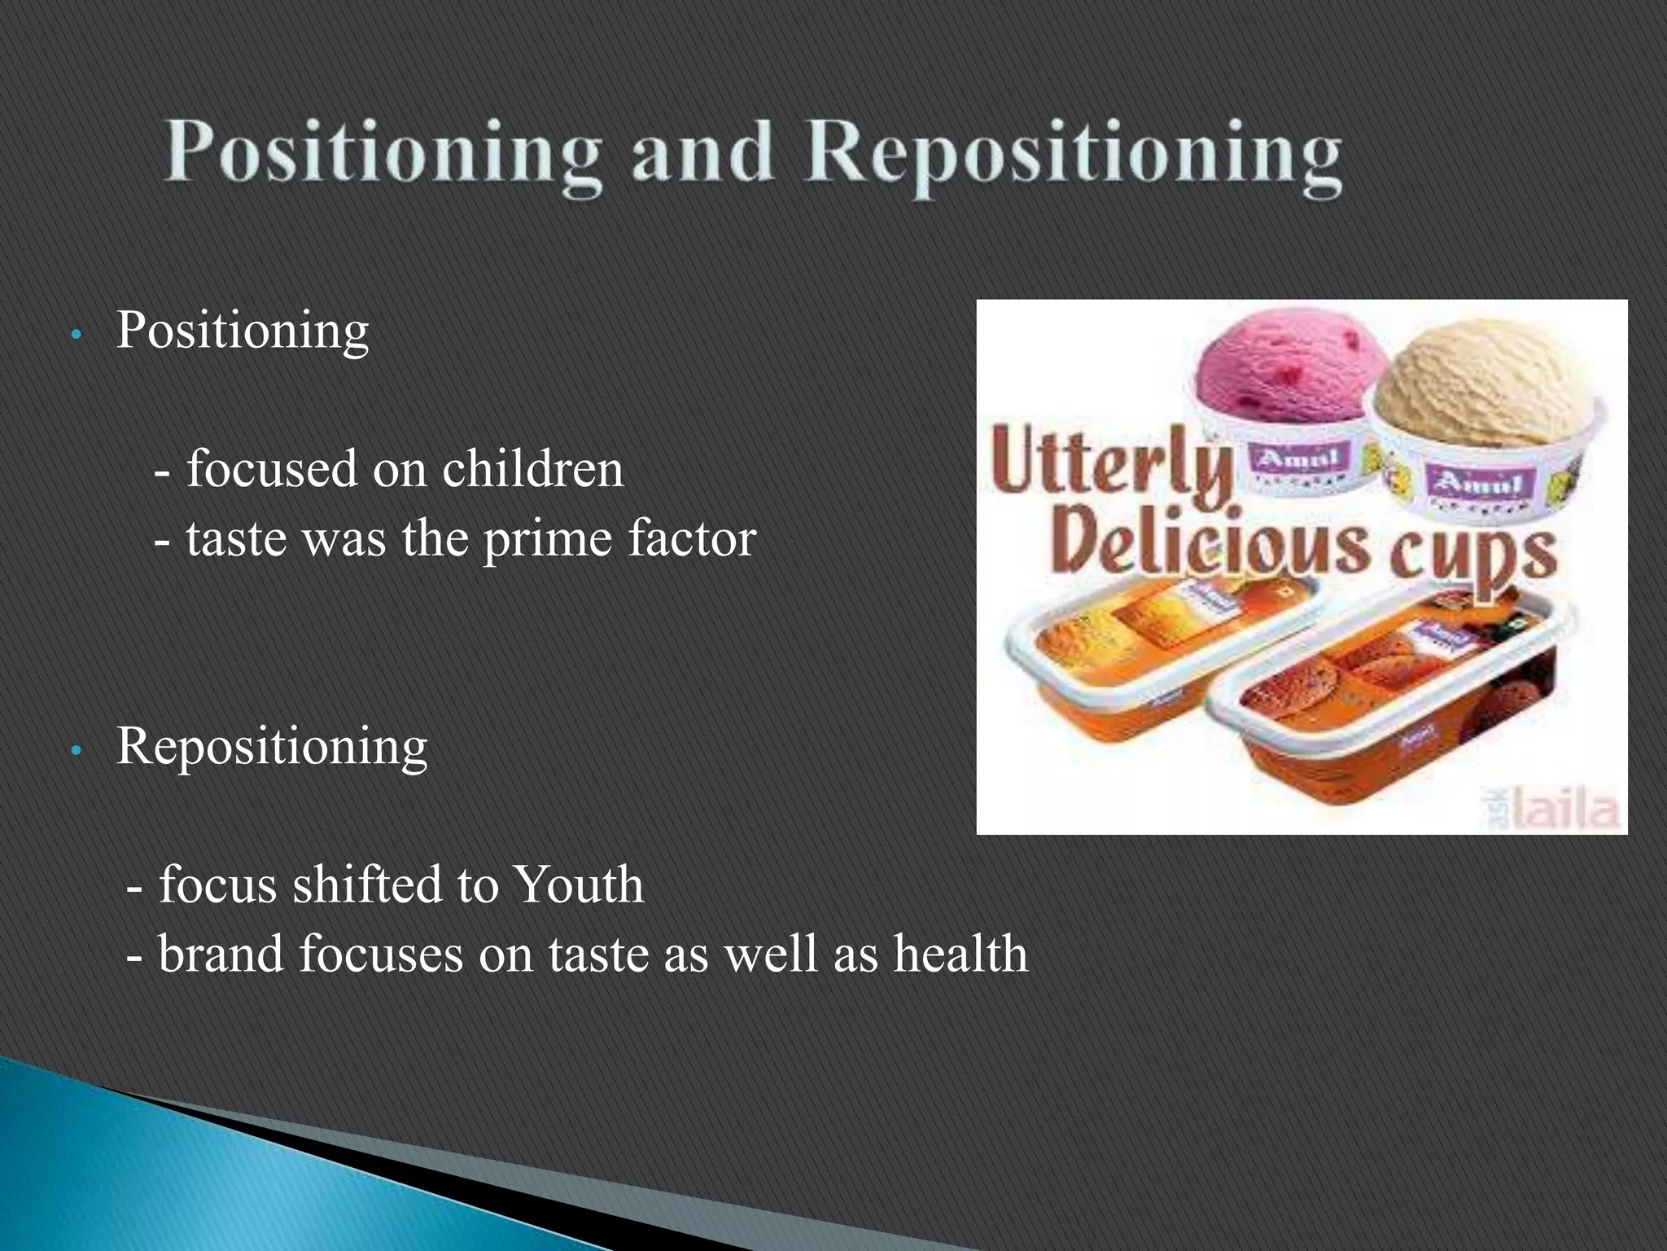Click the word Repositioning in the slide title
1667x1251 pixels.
(1073, 155)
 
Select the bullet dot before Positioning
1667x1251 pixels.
(75, 335)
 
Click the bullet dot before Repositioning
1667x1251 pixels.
(75, 751)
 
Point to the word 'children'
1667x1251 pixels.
(532, 470)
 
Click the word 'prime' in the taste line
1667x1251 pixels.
(547, 540)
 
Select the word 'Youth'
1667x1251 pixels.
(580, 885)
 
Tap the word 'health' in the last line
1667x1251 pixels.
(960, 955)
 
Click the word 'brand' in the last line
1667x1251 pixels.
(221, 955)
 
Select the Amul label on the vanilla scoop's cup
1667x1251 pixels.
(1475, 485)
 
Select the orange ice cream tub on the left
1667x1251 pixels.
(1140, 652)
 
